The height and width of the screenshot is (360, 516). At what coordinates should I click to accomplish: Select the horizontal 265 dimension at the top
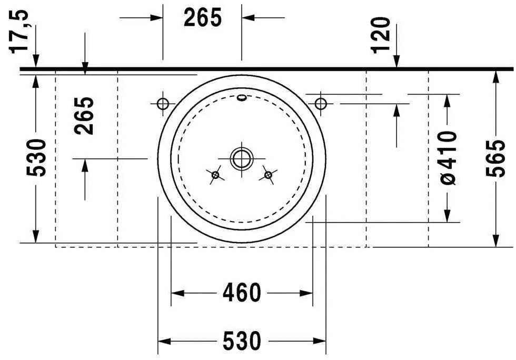click(203, 18)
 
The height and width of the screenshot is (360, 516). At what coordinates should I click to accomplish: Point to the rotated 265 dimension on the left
click(84, 115)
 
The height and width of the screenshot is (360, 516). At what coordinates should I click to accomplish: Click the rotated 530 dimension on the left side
click(36, 157)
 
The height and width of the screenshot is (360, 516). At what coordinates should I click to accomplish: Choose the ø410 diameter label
click(447, 158)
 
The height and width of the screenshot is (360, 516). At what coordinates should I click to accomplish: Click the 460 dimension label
click(242, 293)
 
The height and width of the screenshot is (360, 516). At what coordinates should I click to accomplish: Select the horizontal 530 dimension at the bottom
click(242, 341)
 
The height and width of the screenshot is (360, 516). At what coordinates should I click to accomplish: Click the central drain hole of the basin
click(242, 158)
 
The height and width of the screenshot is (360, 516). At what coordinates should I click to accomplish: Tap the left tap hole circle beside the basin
click(163, 103)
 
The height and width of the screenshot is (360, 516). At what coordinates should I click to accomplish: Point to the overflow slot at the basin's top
click(242, 97)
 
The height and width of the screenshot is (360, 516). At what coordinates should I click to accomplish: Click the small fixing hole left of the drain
click(215, 175)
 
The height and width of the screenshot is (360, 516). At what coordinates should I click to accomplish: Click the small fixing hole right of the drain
click(268, 175)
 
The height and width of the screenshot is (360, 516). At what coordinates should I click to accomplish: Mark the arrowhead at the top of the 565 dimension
click(495, 76)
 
